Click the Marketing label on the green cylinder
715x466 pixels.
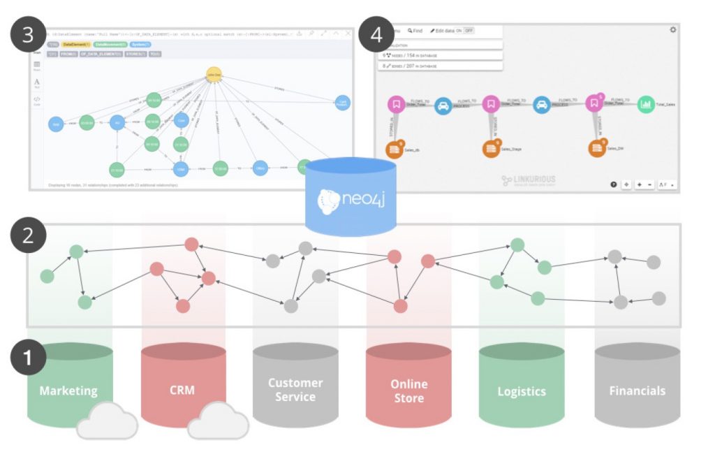click(x=68, y=391)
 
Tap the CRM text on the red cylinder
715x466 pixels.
click(x=182, y=391)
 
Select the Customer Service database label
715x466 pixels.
click(x=295, y=390)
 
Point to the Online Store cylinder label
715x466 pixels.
click(x=408, y=391)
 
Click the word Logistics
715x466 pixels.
click(x=521, y=391)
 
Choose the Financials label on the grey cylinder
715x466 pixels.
click(x=637, y=391)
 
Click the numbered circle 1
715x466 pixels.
click(x=28, y=357)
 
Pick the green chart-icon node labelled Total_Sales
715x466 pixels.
click(x=646, y=104)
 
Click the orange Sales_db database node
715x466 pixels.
click(x=395, y=148)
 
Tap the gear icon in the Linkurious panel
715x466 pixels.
click(x=672, y=30)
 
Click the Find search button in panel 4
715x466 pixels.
click(x=415, y=31)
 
